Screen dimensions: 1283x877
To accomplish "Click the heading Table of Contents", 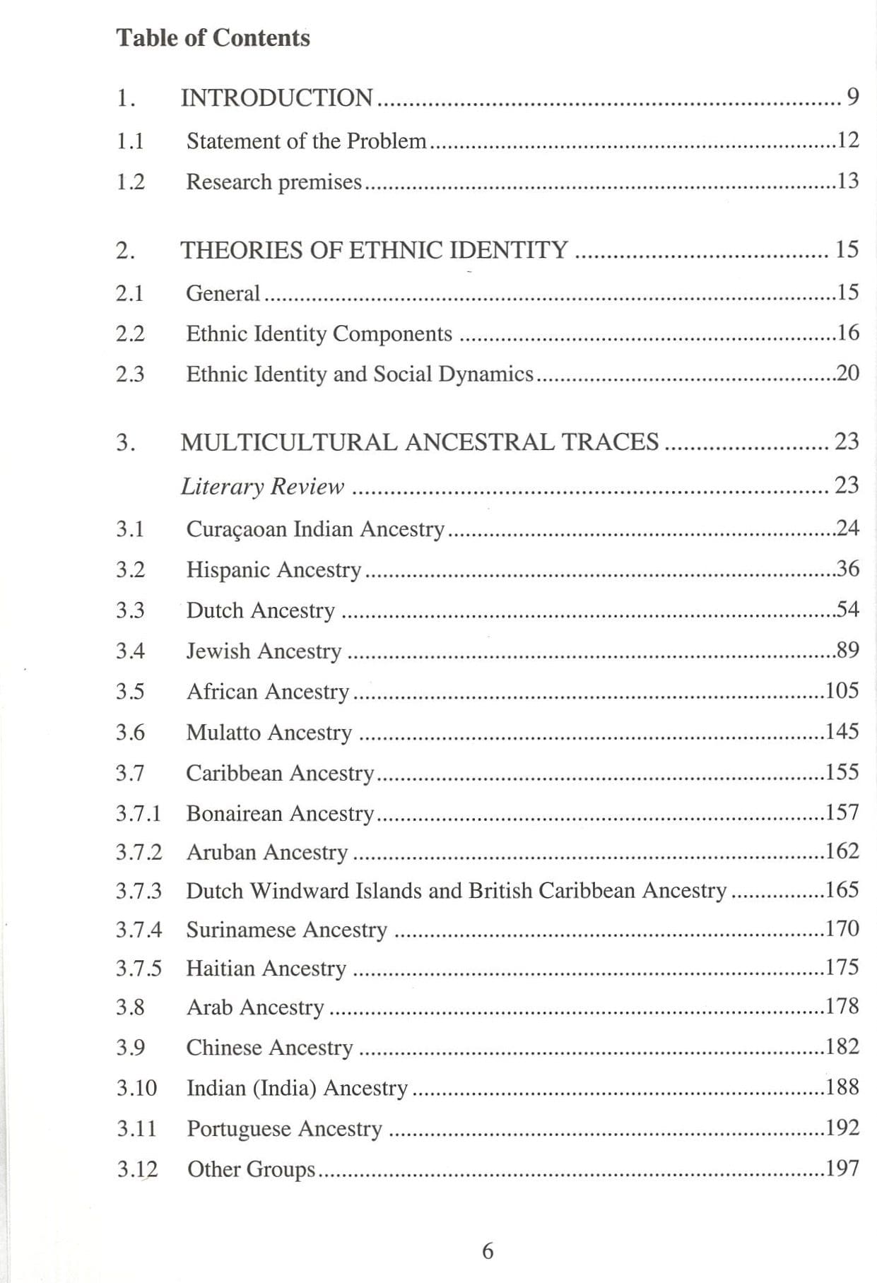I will click(213, 37).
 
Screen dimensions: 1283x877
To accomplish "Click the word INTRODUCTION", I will click(277, 97).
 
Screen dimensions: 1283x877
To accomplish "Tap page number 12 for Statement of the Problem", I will click(847, 140).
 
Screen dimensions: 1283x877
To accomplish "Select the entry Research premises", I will click(273, 182).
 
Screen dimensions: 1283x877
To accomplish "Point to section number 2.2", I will click(130, 333).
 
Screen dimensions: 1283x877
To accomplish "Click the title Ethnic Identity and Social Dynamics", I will click(360, 374).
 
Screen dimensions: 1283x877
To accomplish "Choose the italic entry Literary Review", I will click(262, 486).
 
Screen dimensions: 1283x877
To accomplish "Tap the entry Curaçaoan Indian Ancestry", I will click(315, 528).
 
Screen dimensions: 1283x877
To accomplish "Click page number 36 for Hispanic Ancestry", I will click(847, 568).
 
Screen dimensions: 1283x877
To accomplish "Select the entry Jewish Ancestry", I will click(264, 651).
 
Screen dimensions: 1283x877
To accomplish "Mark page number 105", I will click(842, 690).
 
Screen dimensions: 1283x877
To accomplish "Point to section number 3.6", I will click(130, 732).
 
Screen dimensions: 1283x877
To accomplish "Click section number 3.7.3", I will click(139, 891).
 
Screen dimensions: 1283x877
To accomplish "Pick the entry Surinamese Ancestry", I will click(286, 930).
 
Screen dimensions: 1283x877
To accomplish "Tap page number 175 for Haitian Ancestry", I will click(842, 966).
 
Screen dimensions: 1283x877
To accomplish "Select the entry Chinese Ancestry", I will click(269, 1047).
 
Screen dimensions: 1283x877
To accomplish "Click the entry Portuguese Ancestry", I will click(284, 1128).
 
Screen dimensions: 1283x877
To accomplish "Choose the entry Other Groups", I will click(251, 1169).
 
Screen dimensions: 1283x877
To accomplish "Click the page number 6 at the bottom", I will click(488, 1251).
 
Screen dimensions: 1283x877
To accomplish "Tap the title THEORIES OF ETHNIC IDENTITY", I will click(375, 250).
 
